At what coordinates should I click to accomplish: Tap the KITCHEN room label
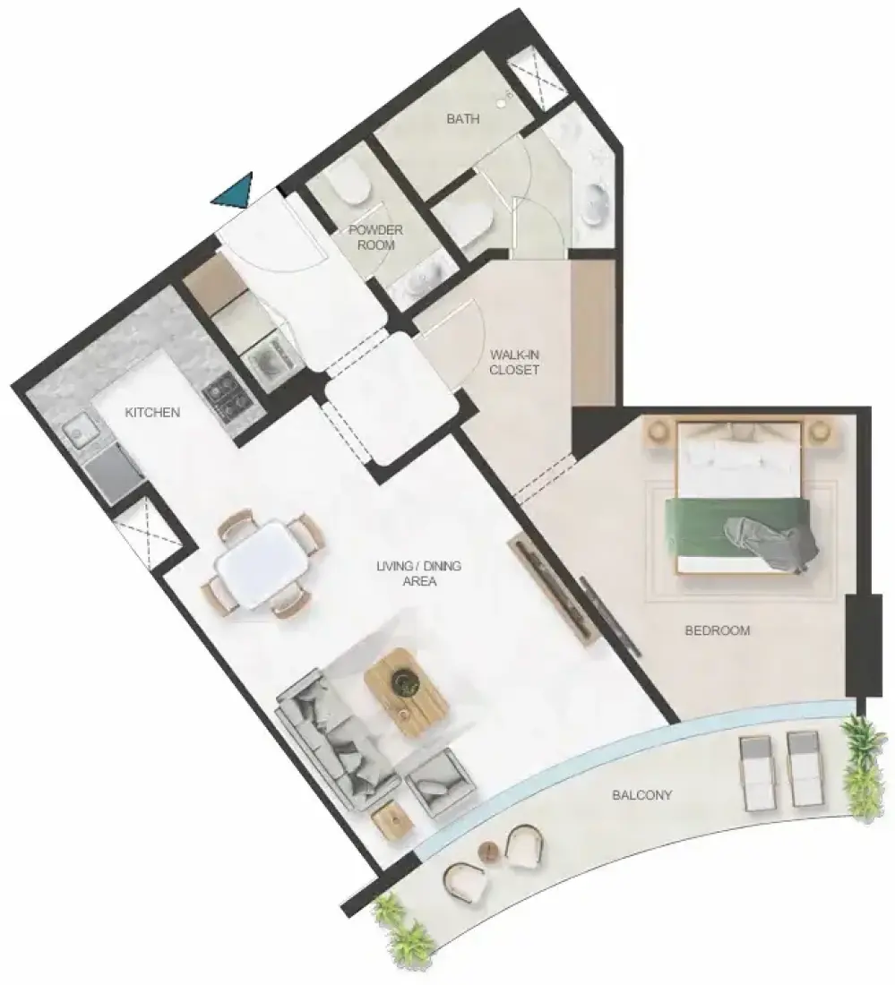[152, 412]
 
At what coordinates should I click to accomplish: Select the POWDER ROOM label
[376, 237]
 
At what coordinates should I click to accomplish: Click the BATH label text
[463, 119]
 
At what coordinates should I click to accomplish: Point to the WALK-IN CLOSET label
[514, 363]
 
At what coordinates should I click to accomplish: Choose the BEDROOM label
[717, 630]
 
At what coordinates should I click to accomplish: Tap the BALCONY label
[642, 794]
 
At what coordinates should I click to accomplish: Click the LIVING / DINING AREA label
[419, 573]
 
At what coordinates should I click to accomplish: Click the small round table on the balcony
[487, 852]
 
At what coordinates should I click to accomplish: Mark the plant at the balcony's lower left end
[403, 929]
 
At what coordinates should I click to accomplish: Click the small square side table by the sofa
[392, 820]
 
